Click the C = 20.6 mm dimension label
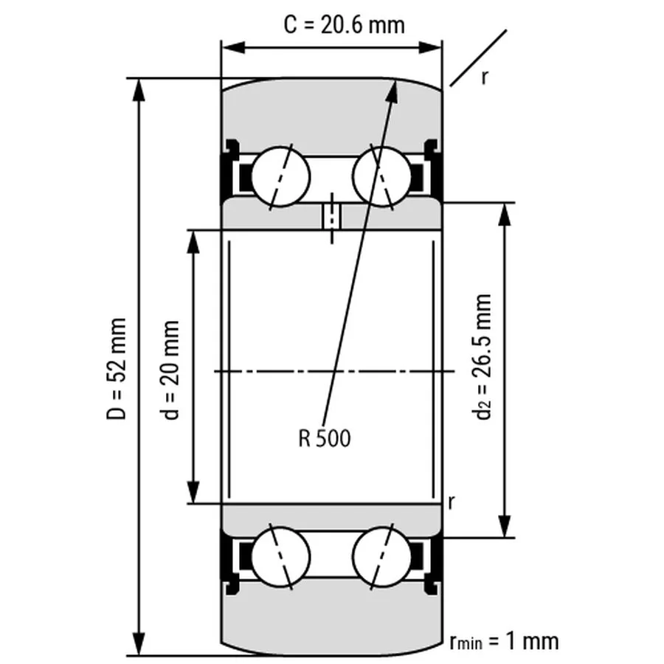click(x=344, y=25)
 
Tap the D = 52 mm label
click(x=116, y=368)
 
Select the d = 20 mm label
click(x=170, y=370)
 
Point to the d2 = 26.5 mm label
click(x=482, y=356)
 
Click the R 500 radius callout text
click(x=325, y=438)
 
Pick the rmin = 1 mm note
click(x=504, y=641)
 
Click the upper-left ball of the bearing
click(x=281, y=176)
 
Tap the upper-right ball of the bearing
click(x=381, y=176)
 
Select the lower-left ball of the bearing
click(x=281, y=557)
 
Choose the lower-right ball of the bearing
click(x=381, y=557)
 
